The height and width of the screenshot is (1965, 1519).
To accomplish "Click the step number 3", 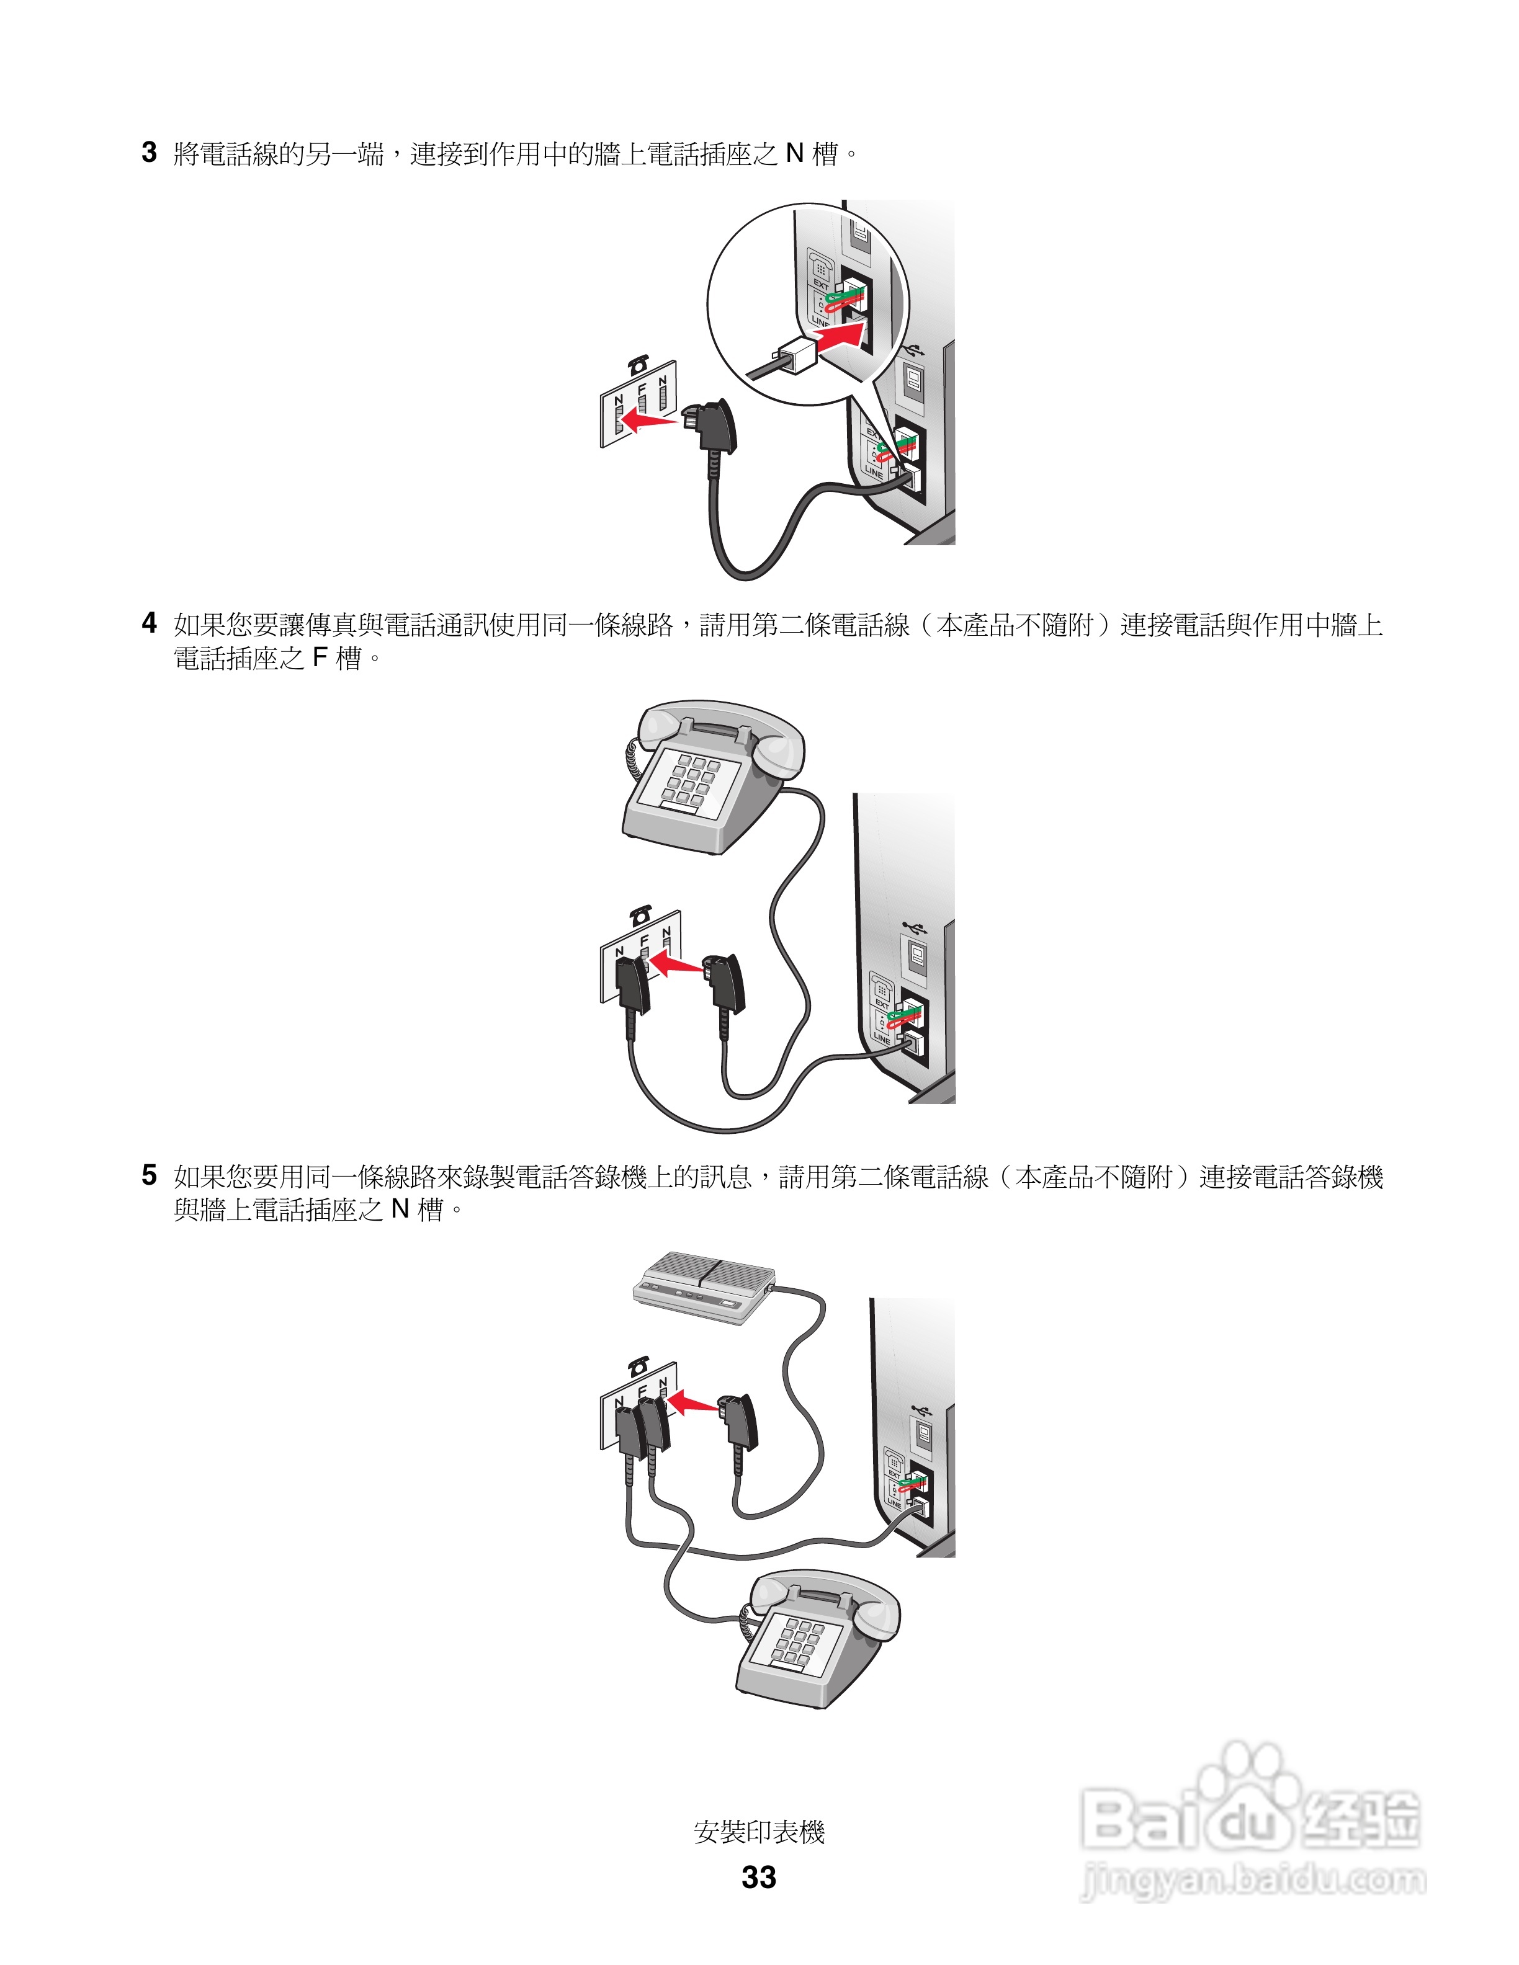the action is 150,153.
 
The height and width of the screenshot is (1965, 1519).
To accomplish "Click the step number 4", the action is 150,623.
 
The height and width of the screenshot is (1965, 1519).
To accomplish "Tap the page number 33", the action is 759,1877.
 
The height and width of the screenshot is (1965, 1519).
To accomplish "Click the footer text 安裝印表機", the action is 759,1832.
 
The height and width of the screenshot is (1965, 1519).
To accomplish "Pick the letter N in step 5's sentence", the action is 400,1210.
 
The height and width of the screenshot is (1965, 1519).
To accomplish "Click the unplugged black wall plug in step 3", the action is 714,428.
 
